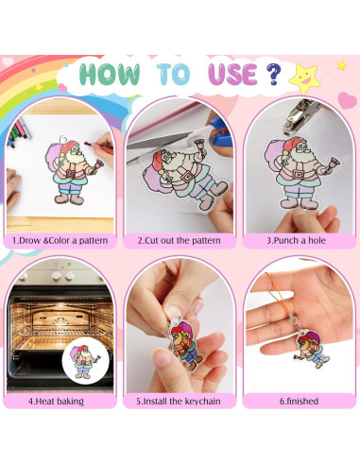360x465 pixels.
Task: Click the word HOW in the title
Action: pyautogui.click(x=110, y=74)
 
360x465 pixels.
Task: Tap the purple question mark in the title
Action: pyautogui.click(x=273, y=74)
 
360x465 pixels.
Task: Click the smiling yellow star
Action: pyautogui.click(x=304, y=78)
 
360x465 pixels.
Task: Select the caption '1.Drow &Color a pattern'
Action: pyautogui.click(x=60, y=241)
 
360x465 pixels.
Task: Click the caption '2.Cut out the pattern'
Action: pyautogui.click(x=179, y=241)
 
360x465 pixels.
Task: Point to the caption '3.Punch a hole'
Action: pyautogui.click(x=296, y=241)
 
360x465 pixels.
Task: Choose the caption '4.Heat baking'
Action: pyautogui.click(x=56, y=402)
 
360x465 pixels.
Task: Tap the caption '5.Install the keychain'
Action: pyautogui.click(x=179, y=402)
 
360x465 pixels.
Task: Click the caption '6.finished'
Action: pyautogui.click(x=299, y=402)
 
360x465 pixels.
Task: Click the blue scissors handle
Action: pyautogui.click(x=221, y=131)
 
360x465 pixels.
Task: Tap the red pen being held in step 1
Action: pyautogui.click(x=98, y=147)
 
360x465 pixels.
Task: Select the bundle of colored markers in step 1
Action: pyautogui.click(x=19, y=133)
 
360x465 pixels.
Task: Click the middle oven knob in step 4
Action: pyautogui.click(x=57, y=276)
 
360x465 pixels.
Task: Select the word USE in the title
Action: pyautogui.click(x=232, y=75)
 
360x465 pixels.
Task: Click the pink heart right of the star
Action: pyautogui.click(x=348, y=100)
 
